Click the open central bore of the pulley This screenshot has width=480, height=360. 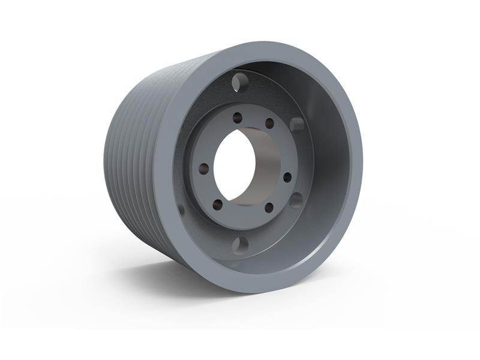click(x=234, y=165)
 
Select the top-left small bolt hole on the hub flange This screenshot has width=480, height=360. click(x=238, y=118)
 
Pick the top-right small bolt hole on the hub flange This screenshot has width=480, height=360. click(x=269, y=123)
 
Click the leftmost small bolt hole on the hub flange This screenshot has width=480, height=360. click(x=204, y=169)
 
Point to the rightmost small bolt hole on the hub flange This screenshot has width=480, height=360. click(x=287, y=177)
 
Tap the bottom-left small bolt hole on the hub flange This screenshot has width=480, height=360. click(x=217, y=204)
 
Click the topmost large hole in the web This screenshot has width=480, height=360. click(x=240, y=80)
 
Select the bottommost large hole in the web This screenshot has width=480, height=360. click(x=240, y=245)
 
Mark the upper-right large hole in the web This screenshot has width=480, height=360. click(x=297, y=124)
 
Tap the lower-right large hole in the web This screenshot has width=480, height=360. click(x=296, y=200)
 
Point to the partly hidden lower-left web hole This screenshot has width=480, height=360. click(x=181, y=209)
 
